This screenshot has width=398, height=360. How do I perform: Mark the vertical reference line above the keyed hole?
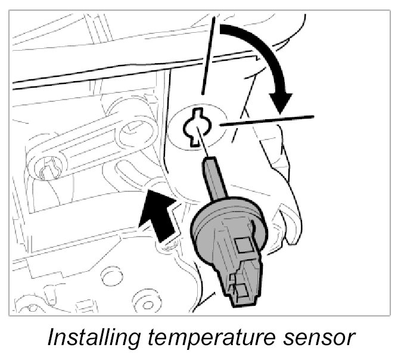(207, 60)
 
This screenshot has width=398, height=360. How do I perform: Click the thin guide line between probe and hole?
(203, 146)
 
